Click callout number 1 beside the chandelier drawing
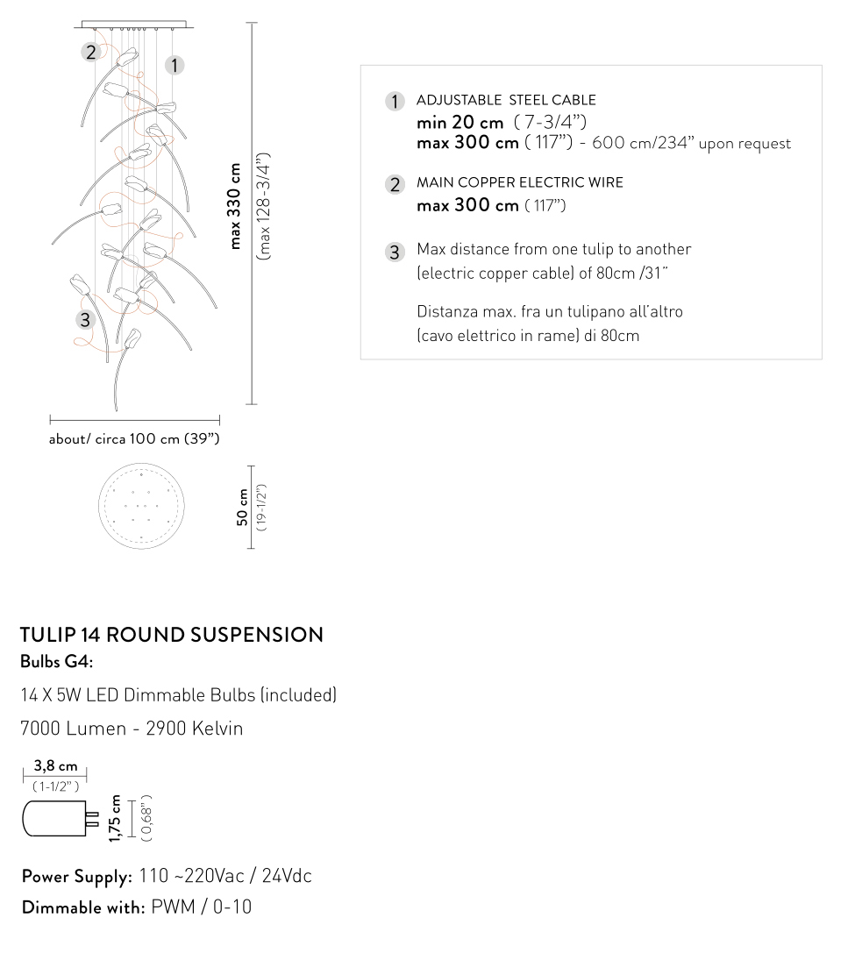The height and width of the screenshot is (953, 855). pos(175,64)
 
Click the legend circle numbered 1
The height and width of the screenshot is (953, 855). pos(395,102)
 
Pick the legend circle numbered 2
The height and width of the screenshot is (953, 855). pos(395,184)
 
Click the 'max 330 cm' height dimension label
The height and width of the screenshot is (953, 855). pos(235,206)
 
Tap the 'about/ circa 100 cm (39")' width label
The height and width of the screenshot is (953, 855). pos(134,438)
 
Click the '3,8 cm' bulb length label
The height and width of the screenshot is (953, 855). pos(55,765)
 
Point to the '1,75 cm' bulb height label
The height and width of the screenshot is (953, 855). pos(114,819)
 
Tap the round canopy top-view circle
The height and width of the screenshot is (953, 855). pos(141,508)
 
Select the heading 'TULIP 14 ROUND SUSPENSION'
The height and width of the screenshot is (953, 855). pos(172,635)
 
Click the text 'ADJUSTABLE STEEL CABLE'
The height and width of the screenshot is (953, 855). pos(506,100)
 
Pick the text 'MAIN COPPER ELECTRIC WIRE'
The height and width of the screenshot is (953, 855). pos(520,183)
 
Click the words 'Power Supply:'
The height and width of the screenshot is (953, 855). pos(77,876)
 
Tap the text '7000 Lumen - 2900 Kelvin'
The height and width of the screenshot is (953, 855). pos(132,729)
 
